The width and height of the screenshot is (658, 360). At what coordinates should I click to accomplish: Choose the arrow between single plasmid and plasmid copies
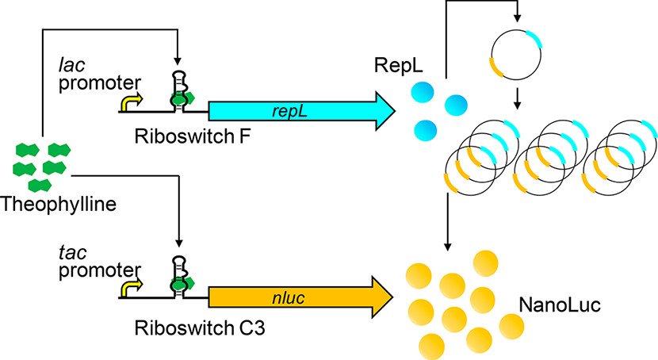(516, 99)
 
